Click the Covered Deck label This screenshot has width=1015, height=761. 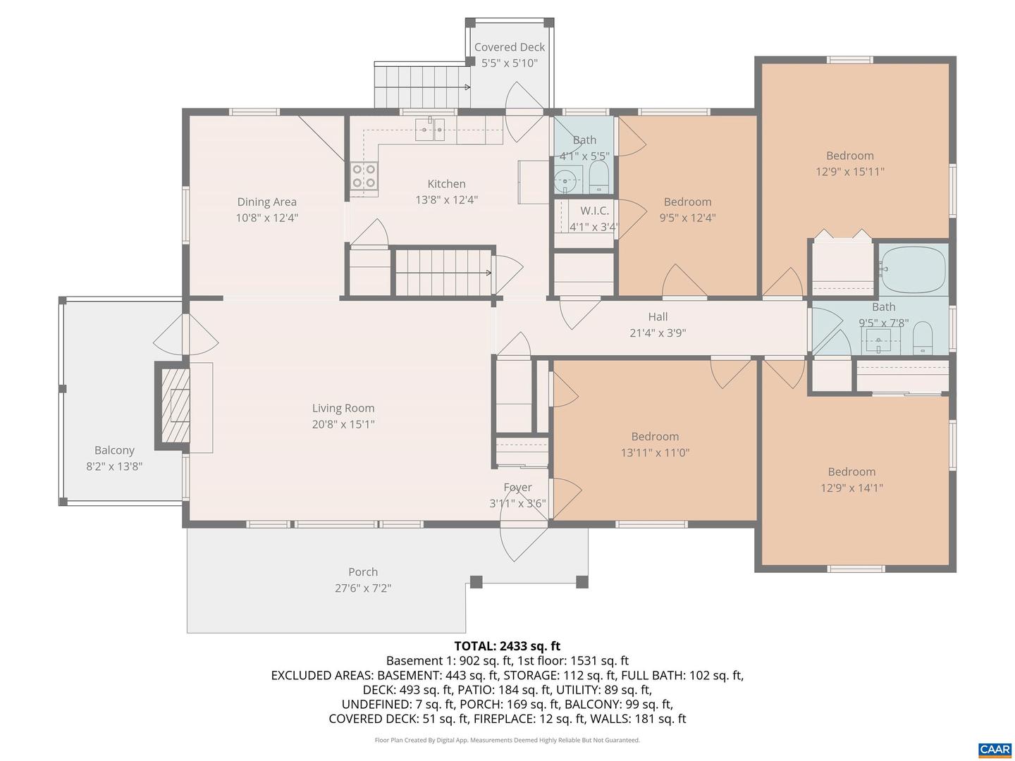[x=509, y=47]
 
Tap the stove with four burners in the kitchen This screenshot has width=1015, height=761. [x=364, y=176]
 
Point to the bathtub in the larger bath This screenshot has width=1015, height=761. [x=913, y=269]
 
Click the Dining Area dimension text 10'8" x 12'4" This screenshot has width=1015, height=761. [x=266, y=218]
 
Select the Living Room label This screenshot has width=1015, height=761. [x=343, y=408]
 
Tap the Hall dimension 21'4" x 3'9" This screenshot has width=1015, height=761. [x=657, y=333]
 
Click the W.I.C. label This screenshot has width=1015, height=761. [x=594, y=211]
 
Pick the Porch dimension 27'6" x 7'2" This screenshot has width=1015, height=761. [x=362, y=588]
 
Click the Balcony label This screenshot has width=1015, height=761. [x=114, y=450]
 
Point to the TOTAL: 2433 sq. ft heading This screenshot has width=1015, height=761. [x=507, y=645]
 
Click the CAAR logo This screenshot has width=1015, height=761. [x=995, y=750]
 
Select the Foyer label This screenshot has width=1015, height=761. [x=517, y=488]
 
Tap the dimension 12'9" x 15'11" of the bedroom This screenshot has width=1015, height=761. [x=849, y=172]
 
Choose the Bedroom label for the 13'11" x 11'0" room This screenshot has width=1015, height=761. [x=655, y=437]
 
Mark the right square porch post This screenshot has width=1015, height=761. [x=582, y=582]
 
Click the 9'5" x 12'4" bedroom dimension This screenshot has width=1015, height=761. [x=687, y=218]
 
